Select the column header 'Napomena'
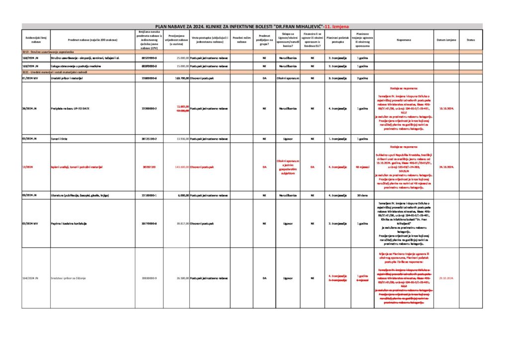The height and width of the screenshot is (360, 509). point(404,40)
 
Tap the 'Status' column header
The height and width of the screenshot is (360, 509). point(471,40)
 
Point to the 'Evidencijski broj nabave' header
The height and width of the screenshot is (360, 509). point(36,40)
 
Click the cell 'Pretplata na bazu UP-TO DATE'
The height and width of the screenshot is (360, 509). point(70,108)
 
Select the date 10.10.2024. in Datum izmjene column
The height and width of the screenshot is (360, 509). point(446,108)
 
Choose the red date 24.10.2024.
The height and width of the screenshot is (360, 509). point(446,167)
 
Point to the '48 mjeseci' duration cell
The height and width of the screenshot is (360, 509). point(362,167)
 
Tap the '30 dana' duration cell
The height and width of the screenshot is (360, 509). point(362,195)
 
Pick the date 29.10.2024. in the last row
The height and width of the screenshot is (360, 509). point(446,278)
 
